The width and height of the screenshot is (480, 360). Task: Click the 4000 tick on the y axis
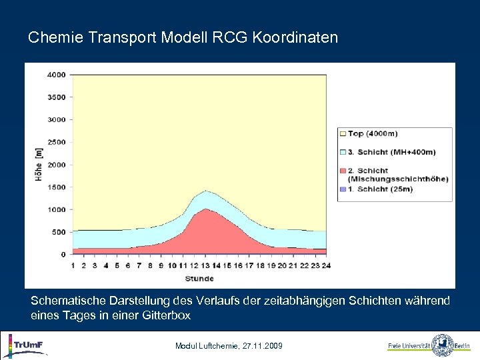(x=56, y=75)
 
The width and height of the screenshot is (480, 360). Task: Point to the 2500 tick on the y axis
(x=56, y=142)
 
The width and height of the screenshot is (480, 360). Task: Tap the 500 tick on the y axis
(x=59, y=232)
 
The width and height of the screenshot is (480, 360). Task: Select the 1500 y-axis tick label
(x=56, y=187)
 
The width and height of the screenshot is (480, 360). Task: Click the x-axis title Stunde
(x=199, y=278)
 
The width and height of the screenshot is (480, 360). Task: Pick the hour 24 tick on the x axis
(x=326, y=265)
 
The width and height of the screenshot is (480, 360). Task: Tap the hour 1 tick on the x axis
(x=73, y=265)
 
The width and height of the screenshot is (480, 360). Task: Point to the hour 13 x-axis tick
(x=207, y=265)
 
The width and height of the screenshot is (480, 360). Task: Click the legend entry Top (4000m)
(x=375, y=134)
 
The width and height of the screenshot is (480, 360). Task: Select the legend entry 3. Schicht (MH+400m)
(x=391, y=152)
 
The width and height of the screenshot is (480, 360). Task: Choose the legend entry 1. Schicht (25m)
(x=381, y=189)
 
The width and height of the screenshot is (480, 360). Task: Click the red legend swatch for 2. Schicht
(x=343, y=171)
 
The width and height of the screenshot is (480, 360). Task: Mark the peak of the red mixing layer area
(x=207, y=209)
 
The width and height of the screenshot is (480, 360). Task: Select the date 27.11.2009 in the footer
(x=253, y=346)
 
